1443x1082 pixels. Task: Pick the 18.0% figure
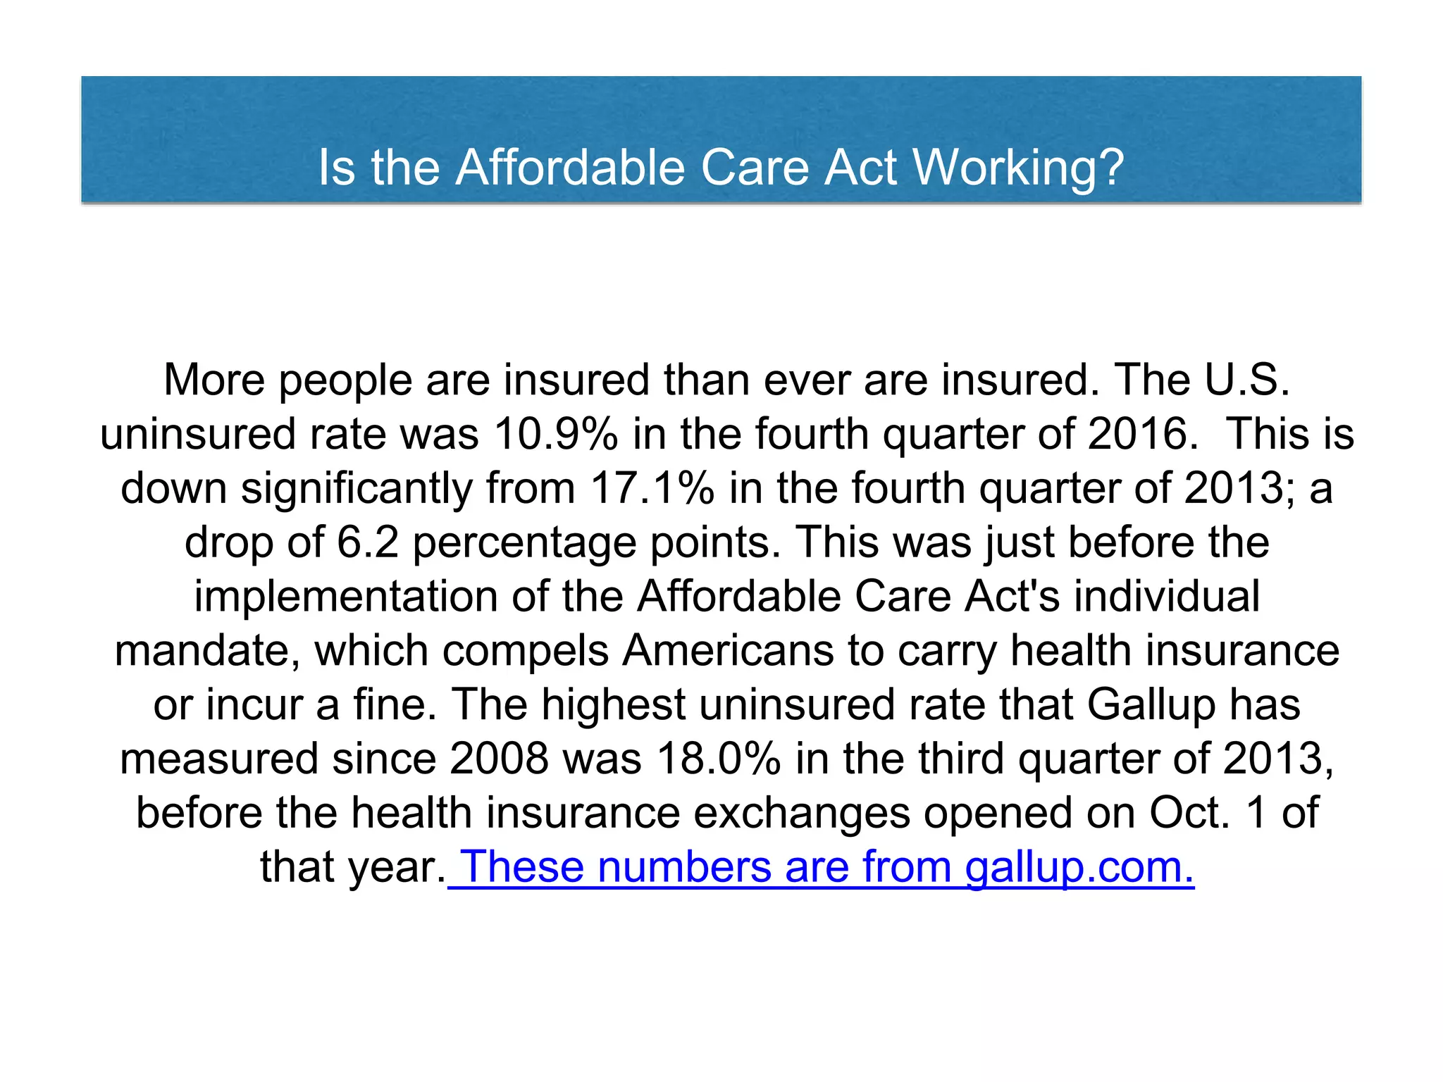pos(718,759)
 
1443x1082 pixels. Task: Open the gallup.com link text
pos(1079,866)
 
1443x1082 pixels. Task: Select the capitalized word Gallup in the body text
pos(1151,704)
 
